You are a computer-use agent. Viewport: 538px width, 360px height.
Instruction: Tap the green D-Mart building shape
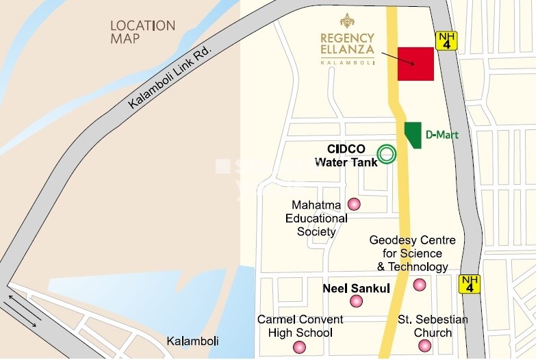[x=413, y=134]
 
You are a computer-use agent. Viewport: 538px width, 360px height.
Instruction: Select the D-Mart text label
[x=442, y=136]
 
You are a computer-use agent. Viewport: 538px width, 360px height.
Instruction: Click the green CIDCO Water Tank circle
[x=387, y=155]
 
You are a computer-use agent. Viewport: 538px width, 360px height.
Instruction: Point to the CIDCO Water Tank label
[x=340, y=155]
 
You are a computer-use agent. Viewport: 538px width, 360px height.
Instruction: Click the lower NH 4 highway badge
[x=470, y=284]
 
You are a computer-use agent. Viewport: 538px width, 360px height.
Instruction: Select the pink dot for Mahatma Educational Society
[x=354, y=204]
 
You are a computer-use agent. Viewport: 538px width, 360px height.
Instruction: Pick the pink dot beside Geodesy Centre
[x=420, y=285]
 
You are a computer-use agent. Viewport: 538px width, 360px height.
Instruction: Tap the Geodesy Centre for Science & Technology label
[x=409, y=253]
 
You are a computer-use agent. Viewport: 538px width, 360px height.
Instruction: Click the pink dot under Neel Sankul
[x=356, y=301]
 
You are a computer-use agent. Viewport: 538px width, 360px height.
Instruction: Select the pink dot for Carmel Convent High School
[x=299, y=347]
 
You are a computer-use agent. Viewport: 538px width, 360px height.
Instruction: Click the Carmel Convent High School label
[x=300, y=326]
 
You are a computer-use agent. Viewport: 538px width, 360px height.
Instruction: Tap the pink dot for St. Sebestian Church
[x=425, y=346]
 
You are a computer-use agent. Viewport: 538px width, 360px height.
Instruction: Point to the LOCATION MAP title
[x=142, y=32]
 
